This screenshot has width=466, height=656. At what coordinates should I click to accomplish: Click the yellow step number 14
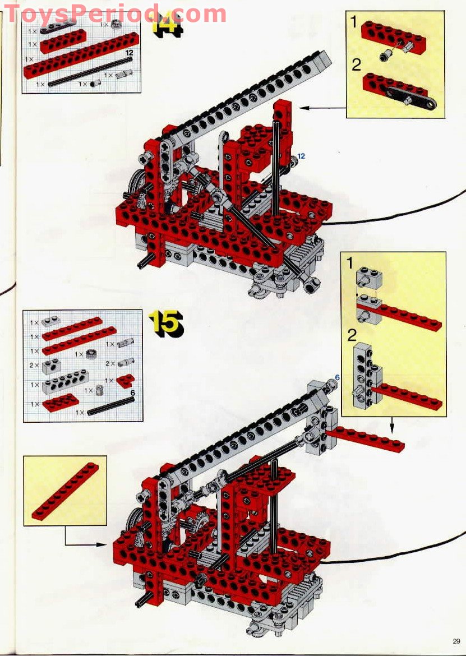[167, 25]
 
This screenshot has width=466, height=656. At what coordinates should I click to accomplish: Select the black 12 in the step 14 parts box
[129, 52]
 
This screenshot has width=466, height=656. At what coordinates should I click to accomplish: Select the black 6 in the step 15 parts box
[132, 393]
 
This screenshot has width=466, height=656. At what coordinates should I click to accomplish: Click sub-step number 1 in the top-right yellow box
[354, 22]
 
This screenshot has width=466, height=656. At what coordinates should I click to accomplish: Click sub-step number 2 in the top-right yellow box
[356, 65]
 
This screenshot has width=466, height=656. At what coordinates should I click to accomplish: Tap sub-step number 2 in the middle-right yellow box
[351, 336]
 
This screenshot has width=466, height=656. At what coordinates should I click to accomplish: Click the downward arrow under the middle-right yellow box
[392, 426]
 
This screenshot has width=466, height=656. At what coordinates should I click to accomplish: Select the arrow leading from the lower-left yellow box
[84, 543]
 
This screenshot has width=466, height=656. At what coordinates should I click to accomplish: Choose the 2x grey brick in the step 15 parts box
[53, 365]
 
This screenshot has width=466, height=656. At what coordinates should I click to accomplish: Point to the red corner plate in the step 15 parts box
[124, 381]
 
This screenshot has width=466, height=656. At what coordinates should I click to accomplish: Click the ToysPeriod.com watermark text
[115, 12]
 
